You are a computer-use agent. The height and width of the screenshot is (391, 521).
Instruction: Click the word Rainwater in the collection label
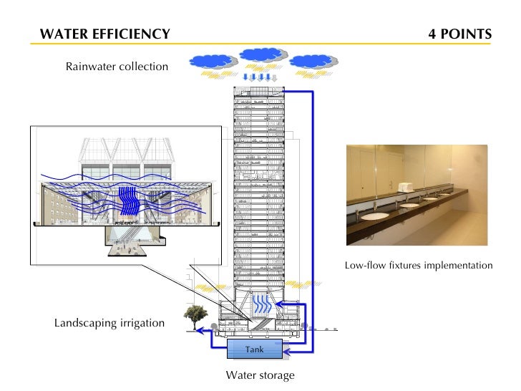[x=92, y=67]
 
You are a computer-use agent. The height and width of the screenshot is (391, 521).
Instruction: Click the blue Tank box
[x=254, y=349]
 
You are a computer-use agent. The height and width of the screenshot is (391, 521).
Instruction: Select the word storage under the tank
[x=275, y=375]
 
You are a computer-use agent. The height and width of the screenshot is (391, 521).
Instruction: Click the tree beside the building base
[x=195, y=315]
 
